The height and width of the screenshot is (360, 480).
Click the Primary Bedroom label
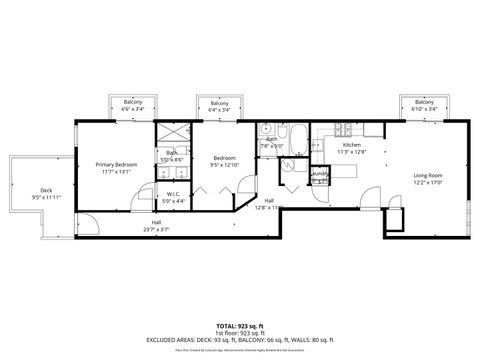[x=116, y=164]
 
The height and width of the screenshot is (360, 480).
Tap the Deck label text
[x=46, y=190]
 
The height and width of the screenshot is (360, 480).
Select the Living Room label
[x=428, y=176]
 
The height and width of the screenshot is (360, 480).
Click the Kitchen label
[x=351, y=146]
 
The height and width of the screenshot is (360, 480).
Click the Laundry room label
[x=320, y=173]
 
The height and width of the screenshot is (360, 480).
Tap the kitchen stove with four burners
[x=344, y=129]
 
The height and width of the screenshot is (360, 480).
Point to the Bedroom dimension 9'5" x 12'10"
[x=223, y=164]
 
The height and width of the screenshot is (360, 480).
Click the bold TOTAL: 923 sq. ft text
[x=239, y=325]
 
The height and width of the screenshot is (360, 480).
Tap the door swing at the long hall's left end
[x=89, y=225]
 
